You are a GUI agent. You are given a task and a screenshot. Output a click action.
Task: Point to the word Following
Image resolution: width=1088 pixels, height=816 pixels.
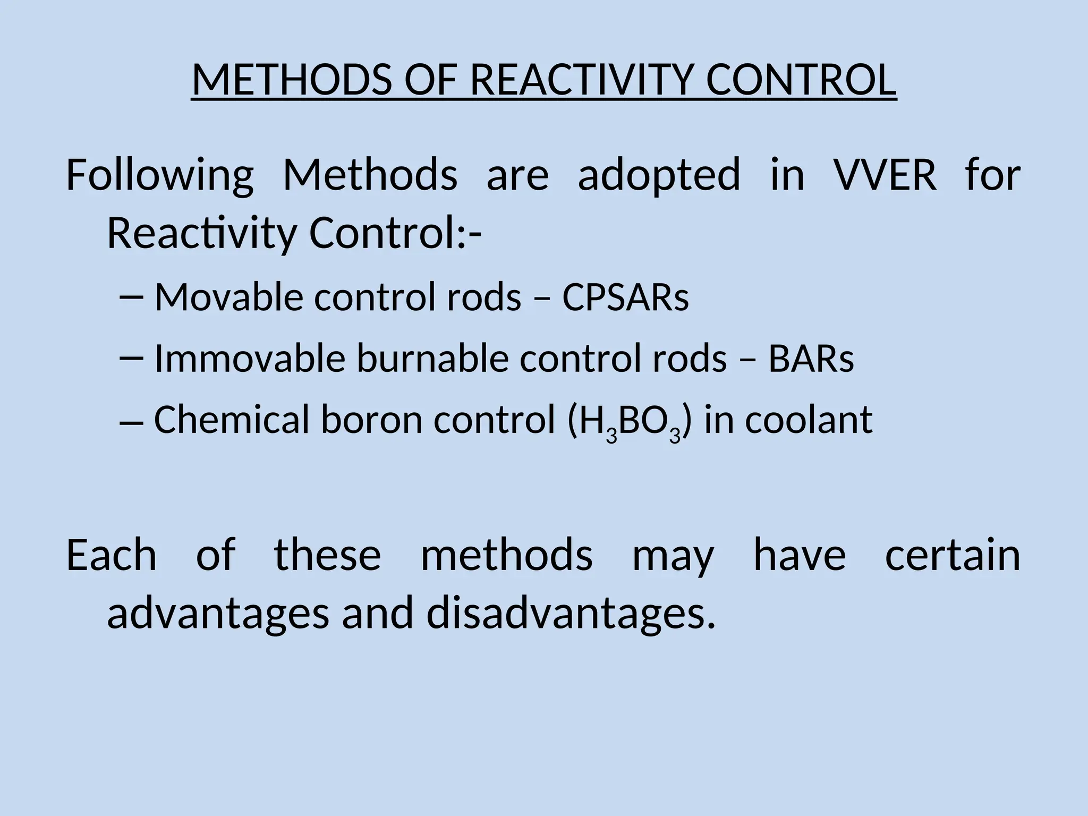coord(160,175)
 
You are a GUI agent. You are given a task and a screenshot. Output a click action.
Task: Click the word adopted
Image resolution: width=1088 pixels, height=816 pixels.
coord(659,175)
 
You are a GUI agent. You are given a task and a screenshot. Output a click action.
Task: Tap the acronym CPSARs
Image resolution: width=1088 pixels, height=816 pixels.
coord(625,297)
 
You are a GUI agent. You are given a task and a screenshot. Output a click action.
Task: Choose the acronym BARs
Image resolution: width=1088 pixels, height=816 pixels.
coord(811,359)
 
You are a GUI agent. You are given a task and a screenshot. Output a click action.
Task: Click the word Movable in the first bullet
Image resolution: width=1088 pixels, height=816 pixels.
coord(229,297)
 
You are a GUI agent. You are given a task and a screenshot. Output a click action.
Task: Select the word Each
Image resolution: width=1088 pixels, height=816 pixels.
coord(112,555)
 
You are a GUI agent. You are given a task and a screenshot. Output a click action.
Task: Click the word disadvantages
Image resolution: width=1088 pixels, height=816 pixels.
coord(571,613)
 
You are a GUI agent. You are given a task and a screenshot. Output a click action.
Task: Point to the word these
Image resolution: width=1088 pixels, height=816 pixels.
coord(327,555)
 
